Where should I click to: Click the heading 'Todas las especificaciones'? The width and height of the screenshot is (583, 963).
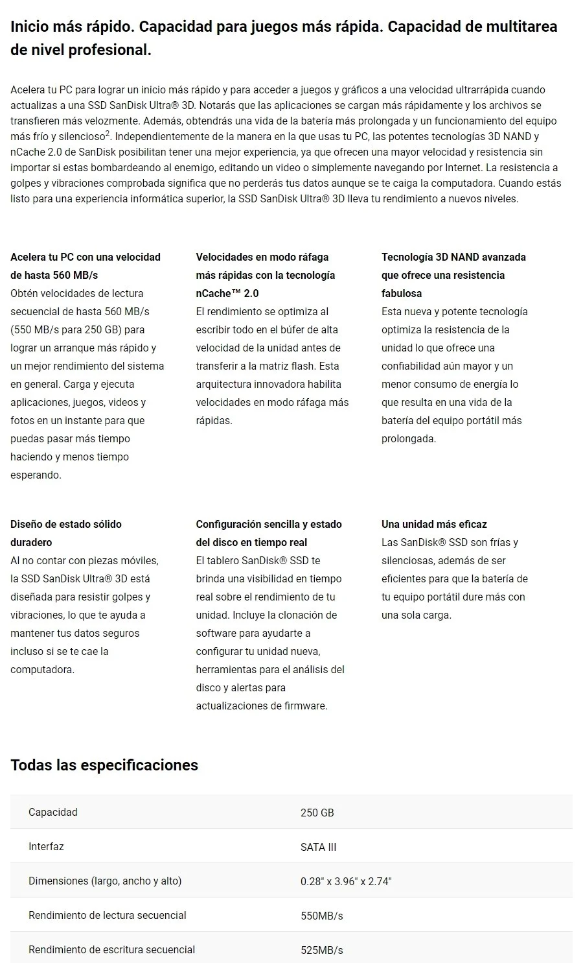coord(104,765)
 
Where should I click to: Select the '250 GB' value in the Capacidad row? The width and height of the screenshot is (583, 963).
coord(317,813)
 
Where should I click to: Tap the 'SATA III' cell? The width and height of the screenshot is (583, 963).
coord(318,847)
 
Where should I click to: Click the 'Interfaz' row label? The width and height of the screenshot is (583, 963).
coord(46,846)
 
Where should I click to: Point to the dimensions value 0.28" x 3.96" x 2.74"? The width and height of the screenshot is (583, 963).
coord(346,881)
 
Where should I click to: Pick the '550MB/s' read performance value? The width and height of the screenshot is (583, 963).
coord(321,916)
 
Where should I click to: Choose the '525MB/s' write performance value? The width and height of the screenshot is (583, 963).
coord(321,950)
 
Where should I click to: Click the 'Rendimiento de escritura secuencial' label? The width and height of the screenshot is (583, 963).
coord(111,949)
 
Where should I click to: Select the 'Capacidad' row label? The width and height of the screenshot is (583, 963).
coord(52,812)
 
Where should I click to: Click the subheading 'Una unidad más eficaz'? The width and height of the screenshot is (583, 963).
coord(434,524)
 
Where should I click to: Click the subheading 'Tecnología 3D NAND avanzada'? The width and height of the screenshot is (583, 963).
coord(453,257)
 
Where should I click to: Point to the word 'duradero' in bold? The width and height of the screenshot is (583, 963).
coord(31,542)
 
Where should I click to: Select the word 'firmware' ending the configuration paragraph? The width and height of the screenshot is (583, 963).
coord(305,706)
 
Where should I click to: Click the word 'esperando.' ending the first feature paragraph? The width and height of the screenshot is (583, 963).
coord(36,475)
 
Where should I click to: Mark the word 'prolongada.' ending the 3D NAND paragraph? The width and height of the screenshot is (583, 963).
coord(408,438)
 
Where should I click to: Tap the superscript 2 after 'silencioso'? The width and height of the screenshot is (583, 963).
coord(108,133)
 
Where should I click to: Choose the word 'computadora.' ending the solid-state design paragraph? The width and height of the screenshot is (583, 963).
coord(42,669)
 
